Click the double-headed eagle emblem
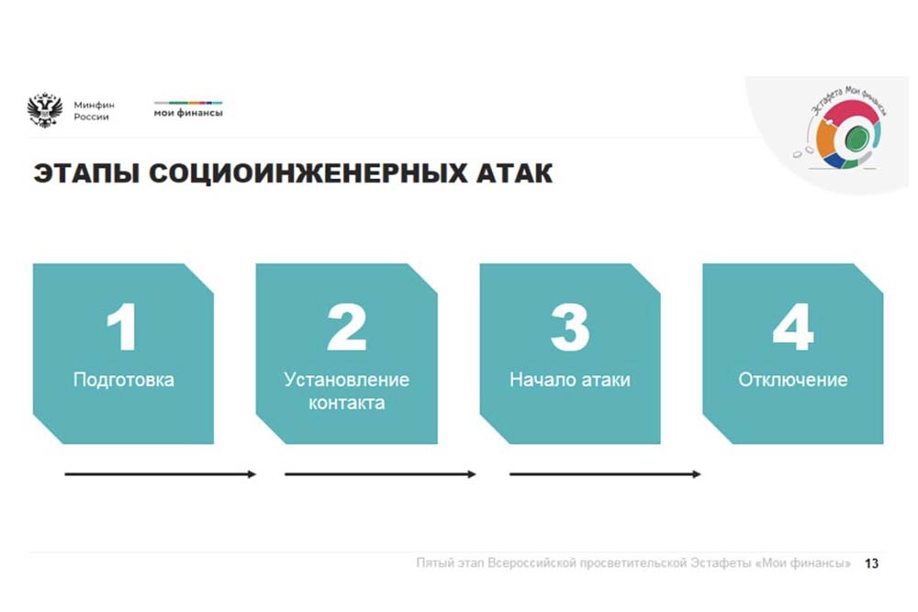(44, 110)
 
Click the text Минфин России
(94, 111)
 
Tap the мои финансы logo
(188, 109)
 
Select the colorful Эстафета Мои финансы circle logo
(845, 128)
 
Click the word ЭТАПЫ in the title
(86, 173)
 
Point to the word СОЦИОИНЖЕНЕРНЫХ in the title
(308, 173)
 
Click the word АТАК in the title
(514, 173)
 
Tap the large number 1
(122, 327)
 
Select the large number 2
(347, 327)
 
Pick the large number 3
(570, 327)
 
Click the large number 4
(793, 327)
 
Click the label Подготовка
(124, 380)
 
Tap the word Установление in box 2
(347, 380)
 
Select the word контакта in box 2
(347, 403)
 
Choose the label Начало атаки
(570, 380)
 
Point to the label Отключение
(793, 380)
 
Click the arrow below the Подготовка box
(161, 474)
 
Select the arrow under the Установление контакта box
(381, 474)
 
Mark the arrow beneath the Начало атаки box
(605, 474)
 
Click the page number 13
(872, 563)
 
